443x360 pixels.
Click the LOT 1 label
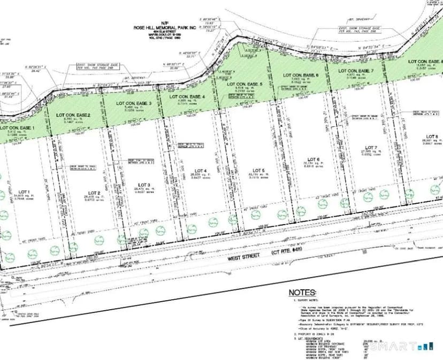pos(24,191)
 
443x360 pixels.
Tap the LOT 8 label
pos(432,136)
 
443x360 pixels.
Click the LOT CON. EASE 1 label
pos(18,128)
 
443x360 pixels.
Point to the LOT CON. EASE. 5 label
pos(245,85)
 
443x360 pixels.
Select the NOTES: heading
pos(302,293)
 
